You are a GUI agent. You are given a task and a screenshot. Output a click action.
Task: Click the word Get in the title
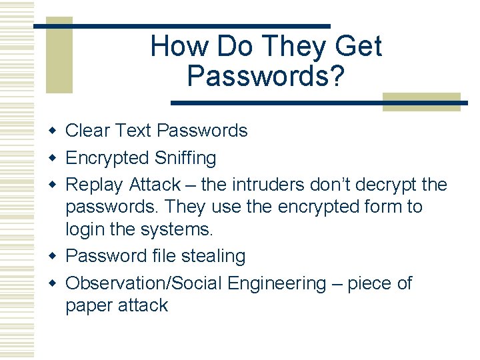coord(358,47)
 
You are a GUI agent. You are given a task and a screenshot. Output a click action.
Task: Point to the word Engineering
coord(276,284)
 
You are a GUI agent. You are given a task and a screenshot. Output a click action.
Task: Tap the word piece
coord(363,284)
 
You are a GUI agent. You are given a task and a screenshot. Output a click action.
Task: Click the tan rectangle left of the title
coord(59,57)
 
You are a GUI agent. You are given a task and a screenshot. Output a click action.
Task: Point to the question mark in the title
coord(337,76)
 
